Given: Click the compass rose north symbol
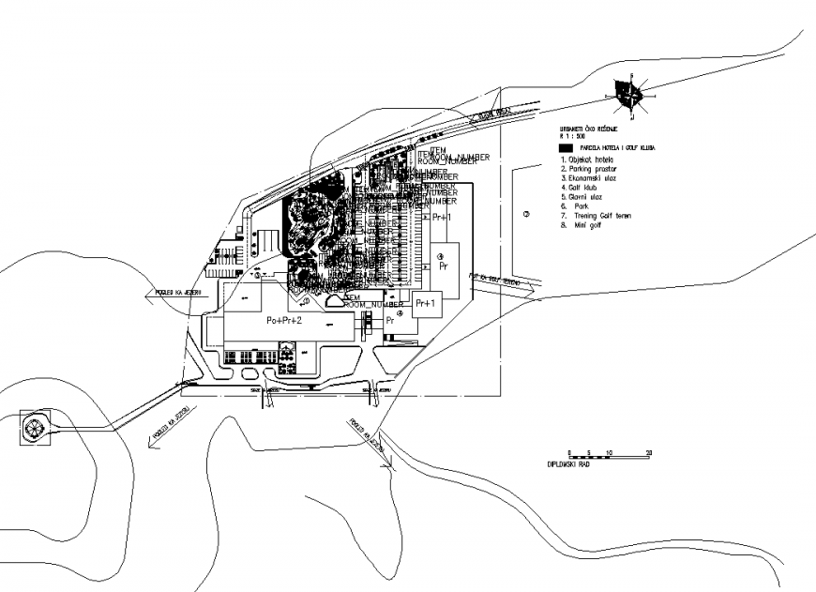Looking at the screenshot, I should pyautogui.click(x=627, y=94).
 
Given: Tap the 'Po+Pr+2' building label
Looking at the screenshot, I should pyautogui.click(x=284, y=321).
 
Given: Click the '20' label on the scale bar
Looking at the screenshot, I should pyautogui.click(x=649, y=452).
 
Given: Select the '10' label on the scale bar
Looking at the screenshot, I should pyautogui.click(x=610, y=452).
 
